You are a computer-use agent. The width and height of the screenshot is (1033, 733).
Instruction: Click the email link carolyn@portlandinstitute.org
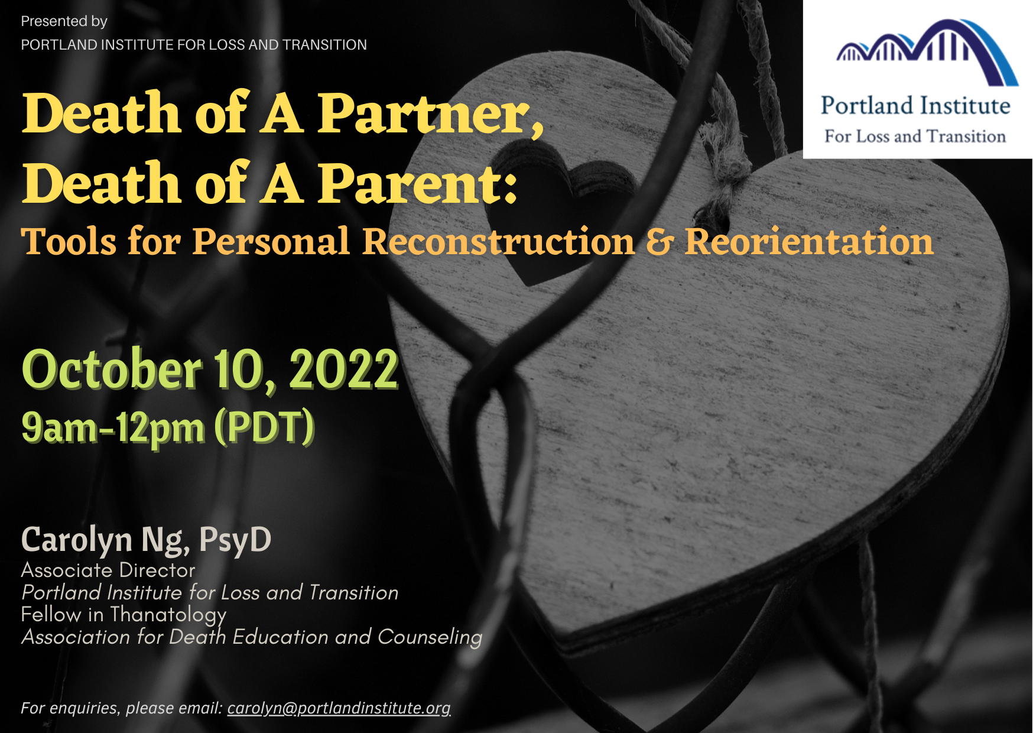point(339,708)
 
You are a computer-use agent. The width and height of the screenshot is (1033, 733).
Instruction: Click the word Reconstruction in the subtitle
point(498,242)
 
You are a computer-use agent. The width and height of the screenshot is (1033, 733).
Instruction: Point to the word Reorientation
point(809,242)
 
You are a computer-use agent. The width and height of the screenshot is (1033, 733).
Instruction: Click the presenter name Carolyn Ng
point(105,540)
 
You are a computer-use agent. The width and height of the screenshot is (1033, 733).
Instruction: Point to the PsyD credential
point(235,540)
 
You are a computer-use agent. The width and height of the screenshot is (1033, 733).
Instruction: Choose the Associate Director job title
point(108,570)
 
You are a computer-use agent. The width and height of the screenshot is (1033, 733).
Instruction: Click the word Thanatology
point(168,615)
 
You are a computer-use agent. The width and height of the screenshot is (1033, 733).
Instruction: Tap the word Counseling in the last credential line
point(430,637)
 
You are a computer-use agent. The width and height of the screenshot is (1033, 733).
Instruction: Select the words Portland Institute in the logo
point(915,106)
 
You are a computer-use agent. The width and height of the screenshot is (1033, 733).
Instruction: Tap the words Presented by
point(64,21)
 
